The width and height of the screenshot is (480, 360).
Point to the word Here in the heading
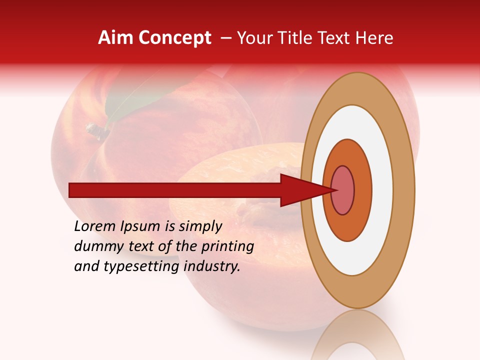pos(374,38)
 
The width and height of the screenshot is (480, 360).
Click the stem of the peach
pos(97,131)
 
